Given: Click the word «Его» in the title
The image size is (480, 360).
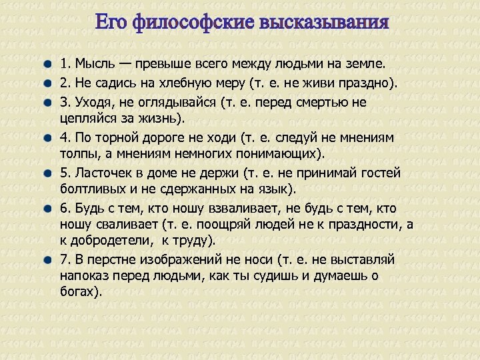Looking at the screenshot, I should (111, 23).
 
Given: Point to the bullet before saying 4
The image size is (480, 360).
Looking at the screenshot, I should (49, 137).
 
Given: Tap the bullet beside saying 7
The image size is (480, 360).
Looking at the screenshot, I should (49, 259).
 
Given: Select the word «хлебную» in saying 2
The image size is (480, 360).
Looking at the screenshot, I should (181, 83).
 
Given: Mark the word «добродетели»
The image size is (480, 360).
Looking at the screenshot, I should (111, 240).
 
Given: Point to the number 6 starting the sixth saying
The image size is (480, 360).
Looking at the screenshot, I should (63, 207).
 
